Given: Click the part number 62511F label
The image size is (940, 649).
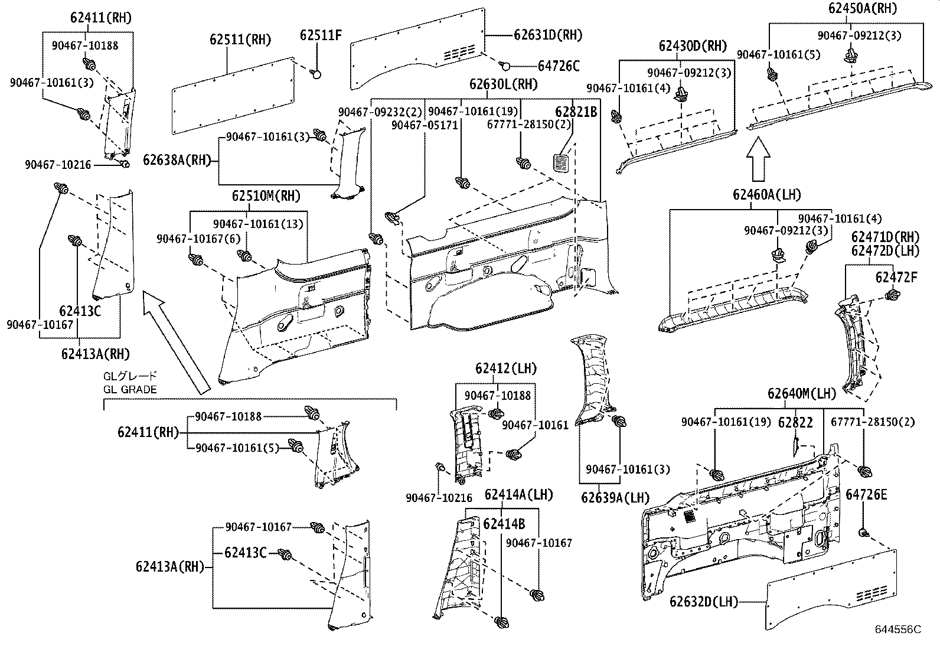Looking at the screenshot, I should [320, 35].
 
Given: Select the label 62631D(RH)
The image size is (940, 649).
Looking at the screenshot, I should [547, 35].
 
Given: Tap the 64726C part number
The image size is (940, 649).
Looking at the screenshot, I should [558, 66].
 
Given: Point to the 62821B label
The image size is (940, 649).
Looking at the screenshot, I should [576, 112].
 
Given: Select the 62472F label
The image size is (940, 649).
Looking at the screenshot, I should [896, 276].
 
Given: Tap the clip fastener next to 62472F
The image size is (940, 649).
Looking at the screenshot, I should [892, 295].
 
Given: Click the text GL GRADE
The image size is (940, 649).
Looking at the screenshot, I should [130, 389].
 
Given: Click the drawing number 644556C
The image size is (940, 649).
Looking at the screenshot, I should [897, 630].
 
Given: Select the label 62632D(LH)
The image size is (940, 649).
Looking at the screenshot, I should [704, 602].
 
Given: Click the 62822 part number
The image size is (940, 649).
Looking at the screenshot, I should [795, 422].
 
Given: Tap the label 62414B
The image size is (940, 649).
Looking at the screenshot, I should [504, 524].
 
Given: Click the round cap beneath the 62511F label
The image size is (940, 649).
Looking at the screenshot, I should [316, 74].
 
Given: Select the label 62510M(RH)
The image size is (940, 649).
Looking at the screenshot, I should [266, 195].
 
